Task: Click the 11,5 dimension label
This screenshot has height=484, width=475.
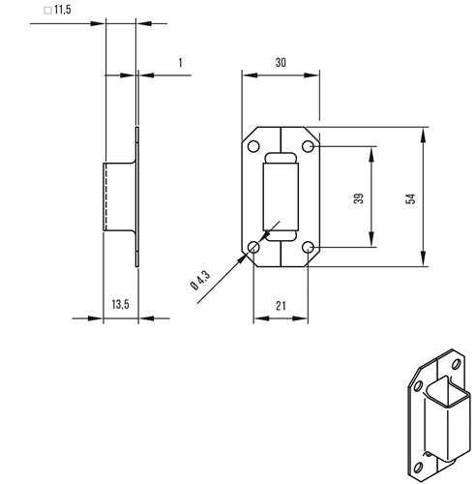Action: coord(63,10)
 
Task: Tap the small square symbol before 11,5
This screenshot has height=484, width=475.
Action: coord(47,11)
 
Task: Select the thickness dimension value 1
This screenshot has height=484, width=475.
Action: coord(181,63)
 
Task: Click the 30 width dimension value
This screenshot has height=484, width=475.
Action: coord(281,62)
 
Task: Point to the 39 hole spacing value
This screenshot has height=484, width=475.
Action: coord(359,198)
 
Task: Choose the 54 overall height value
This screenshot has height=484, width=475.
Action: coord(410,198)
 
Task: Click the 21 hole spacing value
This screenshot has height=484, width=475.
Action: coord(281,305)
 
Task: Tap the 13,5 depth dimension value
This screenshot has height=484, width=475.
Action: coord(120,304)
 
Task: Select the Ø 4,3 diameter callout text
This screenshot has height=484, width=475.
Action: coord(200,280)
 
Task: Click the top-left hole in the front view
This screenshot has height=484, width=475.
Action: coord(253,146)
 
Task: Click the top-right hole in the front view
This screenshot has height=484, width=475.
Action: coord(308,146)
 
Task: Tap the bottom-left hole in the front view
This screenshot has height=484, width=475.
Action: coord(253,248)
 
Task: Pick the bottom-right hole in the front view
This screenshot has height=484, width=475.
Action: coord(308,248)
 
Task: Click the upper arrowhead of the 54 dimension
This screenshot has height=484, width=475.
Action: coord(423,136)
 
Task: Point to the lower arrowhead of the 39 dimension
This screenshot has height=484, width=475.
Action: coord(371,239)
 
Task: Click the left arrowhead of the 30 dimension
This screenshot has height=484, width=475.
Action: coord(251,76)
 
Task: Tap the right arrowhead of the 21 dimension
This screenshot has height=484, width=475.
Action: coord(300,318)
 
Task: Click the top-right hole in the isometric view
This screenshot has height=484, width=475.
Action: coord(456,364)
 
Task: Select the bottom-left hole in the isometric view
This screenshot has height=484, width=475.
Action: coord(418,467)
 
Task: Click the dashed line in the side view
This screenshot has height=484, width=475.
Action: coord(105,197)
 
